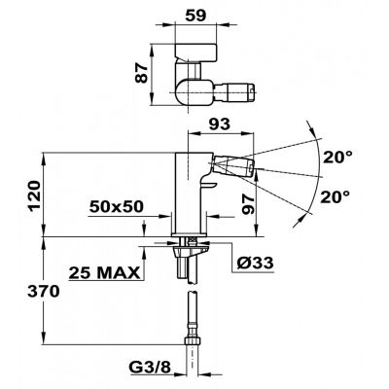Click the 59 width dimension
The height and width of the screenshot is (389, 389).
(x=196, y=15)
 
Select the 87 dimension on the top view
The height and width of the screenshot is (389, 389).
(x=142, y=73)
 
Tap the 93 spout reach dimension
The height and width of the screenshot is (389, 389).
(x=220, y=124)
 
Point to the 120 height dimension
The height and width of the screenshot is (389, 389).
(x=35, y=195)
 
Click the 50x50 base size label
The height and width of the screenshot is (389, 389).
(x=117, y=206)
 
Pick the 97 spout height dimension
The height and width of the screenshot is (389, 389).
(x=249, y=204)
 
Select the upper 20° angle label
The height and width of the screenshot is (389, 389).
(x=337, y=158)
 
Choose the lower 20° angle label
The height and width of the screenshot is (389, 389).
(x=336, y=196)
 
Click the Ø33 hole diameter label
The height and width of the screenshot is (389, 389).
(x=255, y=264)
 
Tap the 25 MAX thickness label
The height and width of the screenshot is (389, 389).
(x=104, y=273)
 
